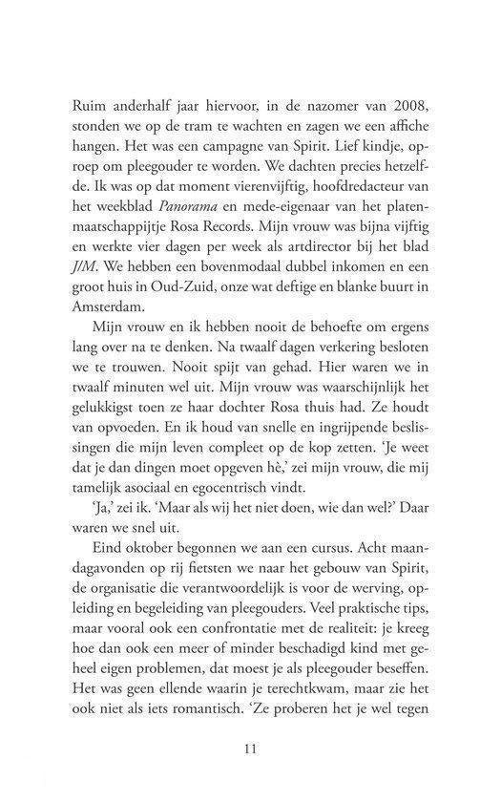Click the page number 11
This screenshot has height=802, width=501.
click(250, 748)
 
